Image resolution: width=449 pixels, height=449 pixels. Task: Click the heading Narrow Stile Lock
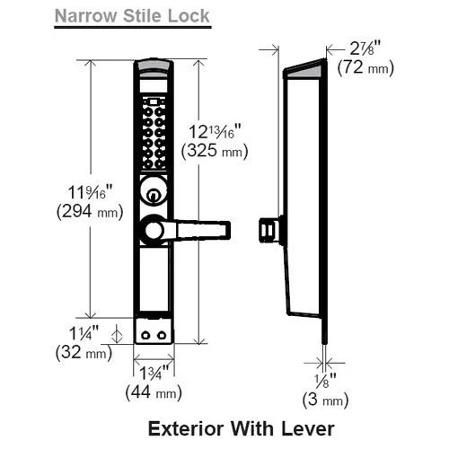[132, 16]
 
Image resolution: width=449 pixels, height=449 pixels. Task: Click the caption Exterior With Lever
[241, 428]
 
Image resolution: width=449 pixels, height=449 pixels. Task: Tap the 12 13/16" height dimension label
[215, 131]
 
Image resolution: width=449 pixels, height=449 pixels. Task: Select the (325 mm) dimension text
[215, 151]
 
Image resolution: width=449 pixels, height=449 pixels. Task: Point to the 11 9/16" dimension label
[90, 192]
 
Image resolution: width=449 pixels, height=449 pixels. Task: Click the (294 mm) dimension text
[90, 212]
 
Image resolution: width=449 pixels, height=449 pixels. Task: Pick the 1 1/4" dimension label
[84, 333]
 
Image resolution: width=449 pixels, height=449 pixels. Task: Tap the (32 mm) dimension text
[84, 352]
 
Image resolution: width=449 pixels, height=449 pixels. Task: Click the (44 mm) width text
[154, 392]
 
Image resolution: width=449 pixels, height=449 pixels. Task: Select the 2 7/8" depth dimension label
[365, 48]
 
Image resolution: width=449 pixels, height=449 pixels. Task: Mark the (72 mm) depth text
[365, 67]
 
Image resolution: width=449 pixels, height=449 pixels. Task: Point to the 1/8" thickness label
[325, 381]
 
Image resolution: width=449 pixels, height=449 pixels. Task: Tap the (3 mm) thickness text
[325, 400]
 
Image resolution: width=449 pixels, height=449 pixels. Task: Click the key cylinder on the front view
[154, 190]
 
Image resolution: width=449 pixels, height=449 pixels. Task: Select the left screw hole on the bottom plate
[145, 335]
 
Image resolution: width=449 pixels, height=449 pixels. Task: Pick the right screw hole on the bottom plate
[162, 335]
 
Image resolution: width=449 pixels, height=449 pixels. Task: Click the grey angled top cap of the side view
[304, 70]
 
